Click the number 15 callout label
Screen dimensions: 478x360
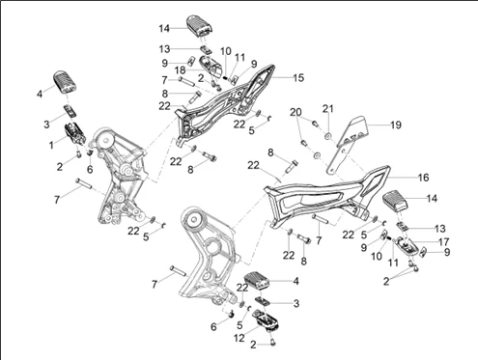click(298, 78)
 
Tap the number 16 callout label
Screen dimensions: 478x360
click(423, 178)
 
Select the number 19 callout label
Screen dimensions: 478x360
click(396, 125)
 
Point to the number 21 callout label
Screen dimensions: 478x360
click(328, 109)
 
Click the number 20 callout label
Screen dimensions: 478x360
click(295, 112)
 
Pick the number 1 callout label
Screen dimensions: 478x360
click(51, 145)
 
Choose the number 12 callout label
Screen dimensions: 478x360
click(239, 338)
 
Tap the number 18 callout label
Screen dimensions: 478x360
click(181, 70)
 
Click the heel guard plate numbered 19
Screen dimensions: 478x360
click(346, 145)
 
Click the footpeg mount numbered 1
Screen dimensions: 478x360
click(76, 133)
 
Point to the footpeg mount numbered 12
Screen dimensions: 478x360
click(267, 319)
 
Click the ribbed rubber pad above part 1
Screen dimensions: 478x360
click(65, 81)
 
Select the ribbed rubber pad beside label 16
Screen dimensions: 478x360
click(395, 201)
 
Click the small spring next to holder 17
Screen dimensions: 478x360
click(388, 238)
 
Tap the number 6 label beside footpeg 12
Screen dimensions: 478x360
click(213, 327)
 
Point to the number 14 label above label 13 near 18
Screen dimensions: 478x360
click(164, 28)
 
